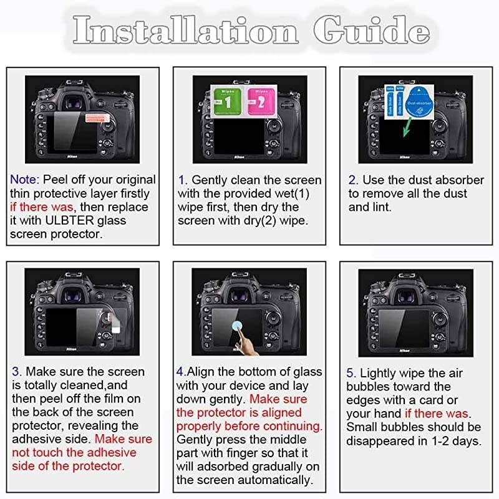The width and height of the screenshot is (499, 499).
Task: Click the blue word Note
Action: (x=24, y=180)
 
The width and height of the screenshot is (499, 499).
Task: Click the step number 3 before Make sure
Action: (x=16, y=372)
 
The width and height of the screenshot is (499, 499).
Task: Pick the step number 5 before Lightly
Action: (x=351, y=373)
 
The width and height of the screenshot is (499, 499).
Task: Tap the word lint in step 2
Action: (x=379, y=207)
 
